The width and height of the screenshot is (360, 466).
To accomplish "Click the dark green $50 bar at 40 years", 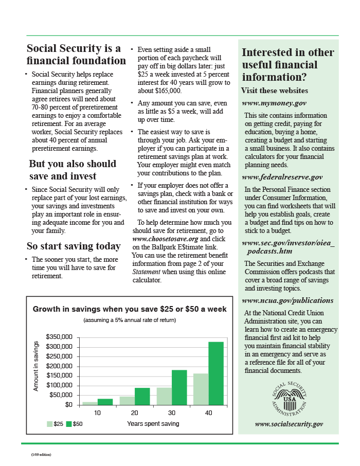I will pos(216,373).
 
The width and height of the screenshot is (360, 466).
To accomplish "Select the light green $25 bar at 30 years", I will pos(164,396).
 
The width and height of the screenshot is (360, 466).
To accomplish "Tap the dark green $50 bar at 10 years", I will pos(105,402).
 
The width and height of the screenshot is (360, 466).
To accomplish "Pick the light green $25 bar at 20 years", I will pos(127,401).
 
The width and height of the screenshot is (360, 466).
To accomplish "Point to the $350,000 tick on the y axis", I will pos(59,337).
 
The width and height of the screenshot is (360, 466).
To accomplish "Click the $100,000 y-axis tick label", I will pos(59,385).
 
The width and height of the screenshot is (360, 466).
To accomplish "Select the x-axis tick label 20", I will pos(135,414).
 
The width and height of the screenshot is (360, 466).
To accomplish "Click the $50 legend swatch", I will pos(69,424).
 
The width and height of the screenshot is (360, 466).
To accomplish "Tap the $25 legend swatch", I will pos(49,424).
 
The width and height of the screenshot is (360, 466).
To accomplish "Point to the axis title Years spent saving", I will pos(153,424).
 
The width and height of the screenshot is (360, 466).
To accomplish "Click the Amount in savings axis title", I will pos(36,366).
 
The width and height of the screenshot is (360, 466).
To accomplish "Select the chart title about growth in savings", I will pos(130,309).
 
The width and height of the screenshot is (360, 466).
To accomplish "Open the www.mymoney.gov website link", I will pos(274,103).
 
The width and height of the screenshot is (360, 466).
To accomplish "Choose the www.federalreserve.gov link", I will pos(282,177).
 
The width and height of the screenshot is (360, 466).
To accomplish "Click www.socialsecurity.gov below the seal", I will pos(289,424).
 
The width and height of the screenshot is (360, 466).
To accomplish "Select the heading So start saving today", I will pos(74,246).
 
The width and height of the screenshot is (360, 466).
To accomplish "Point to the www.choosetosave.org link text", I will pos(165,239).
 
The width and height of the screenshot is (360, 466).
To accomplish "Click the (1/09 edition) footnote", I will pos(41,455).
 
